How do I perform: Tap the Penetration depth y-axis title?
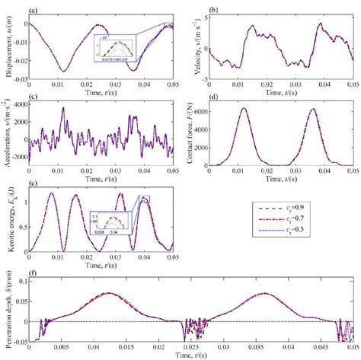5,308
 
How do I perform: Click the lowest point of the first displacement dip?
64,71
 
